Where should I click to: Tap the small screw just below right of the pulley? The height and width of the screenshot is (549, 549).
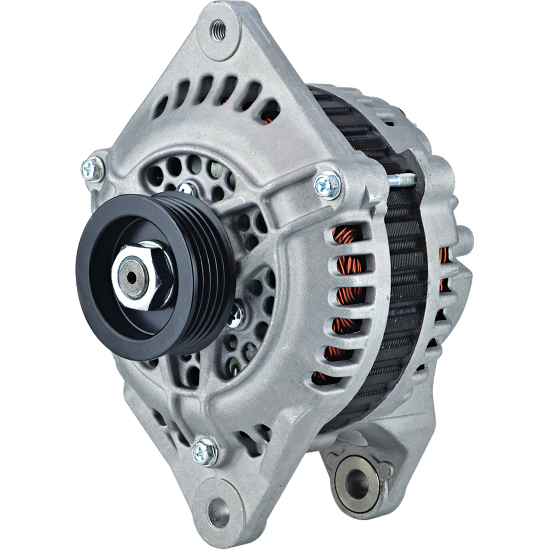pyautogui.click(x=236, y=316)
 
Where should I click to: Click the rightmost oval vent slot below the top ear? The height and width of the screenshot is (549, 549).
pyautogui.click(x=271, y=112)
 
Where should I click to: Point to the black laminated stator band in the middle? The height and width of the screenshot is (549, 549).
pyautogui.click(x=404, y=273)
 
